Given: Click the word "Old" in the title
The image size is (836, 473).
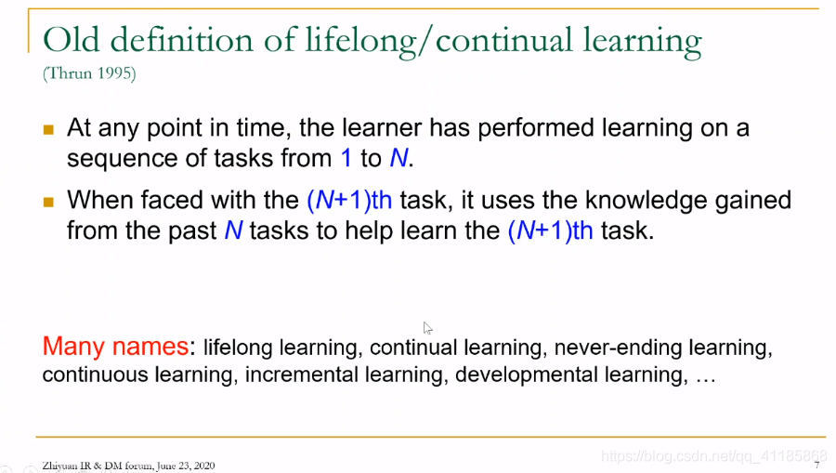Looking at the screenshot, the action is pos(71,41).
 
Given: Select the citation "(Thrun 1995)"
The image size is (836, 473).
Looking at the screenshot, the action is pos(89,73).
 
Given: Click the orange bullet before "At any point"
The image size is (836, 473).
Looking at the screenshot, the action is pos(48,129).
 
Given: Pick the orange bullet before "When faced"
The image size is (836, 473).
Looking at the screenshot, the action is pos(48,202).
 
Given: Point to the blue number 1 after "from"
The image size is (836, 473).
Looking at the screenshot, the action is pos(346,158).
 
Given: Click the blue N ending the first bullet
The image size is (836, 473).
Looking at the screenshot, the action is pos(398,158).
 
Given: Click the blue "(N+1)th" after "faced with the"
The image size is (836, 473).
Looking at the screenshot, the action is pos(349,201).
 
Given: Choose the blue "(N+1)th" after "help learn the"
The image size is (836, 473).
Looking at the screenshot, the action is pos(550,230).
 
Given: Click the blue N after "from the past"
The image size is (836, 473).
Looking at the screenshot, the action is pos(233,230).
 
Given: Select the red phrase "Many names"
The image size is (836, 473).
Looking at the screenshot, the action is pos(115,346).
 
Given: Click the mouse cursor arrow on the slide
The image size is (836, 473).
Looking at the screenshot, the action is pos(427,328).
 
